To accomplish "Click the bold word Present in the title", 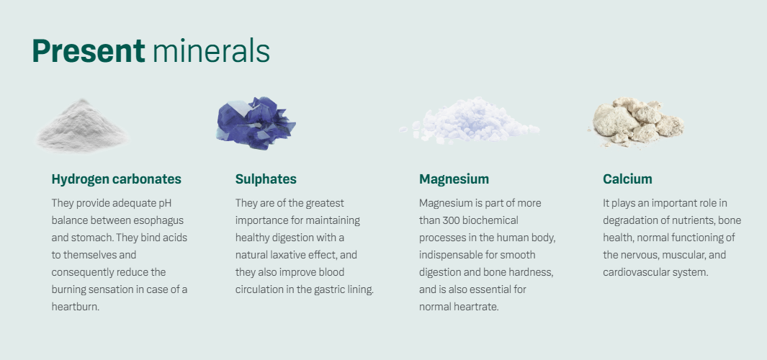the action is coord(89,51).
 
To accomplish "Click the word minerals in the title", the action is coord(211,51).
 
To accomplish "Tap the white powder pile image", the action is coord(81,125).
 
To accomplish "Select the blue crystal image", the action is coord(256,123).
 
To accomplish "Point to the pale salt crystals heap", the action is coord(470,121).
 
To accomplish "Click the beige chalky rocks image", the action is coord(636,121).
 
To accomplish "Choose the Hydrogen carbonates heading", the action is coord(117,179).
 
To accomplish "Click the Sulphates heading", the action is coord(266,179).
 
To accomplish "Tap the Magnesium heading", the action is coord(454,179).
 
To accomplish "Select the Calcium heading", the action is coord(627,179).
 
